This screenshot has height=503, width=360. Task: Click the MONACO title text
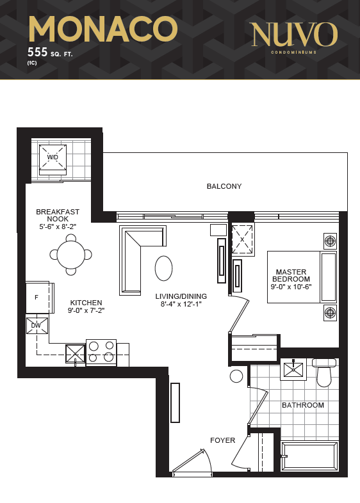(103, 29)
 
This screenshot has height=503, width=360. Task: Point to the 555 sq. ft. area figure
(50, 52)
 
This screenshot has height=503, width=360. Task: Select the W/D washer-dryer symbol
(53, 159)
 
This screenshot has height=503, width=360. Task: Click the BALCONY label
(224, 186)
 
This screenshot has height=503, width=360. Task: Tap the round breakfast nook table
(70, 255)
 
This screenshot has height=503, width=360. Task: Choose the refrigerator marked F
(40, 298)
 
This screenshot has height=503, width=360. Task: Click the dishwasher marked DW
(37, 326)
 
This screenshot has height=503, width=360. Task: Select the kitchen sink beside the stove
(76, 354)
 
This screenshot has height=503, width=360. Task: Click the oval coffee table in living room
(164, 268)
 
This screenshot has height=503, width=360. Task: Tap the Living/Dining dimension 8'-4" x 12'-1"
(181, 304)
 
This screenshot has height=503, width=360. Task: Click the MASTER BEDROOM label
(291, 276)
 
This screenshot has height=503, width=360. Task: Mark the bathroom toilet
(324, 372)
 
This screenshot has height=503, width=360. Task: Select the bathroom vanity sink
(293, 369)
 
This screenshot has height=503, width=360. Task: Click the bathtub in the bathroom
(309, 456)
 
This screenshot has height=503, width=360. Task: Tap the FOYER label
(222, 440)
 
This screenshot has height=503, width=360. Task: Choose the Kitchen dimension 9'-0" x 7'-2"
(86, 310)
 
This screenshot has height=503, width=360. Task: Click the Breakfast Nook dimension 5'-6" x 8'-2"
(58, 227)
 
